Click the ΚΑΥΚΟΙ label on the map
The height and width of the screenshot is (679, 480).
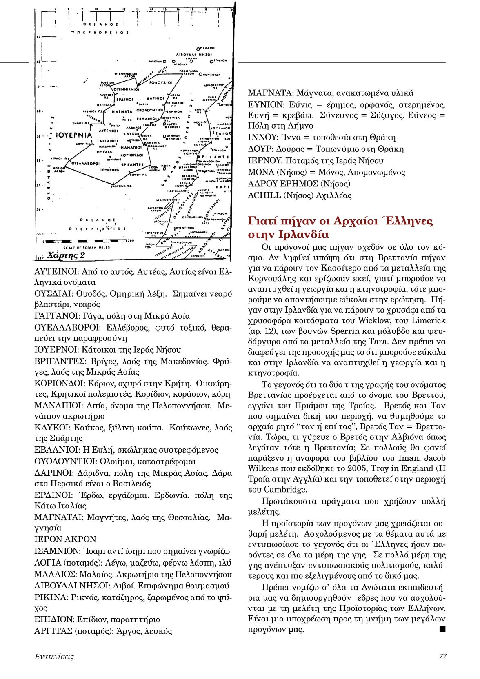(131, 133)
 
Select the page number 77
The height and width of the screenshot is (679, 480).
(442, 656)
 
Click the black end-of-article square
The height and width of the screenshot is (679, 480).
(442, 629)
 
